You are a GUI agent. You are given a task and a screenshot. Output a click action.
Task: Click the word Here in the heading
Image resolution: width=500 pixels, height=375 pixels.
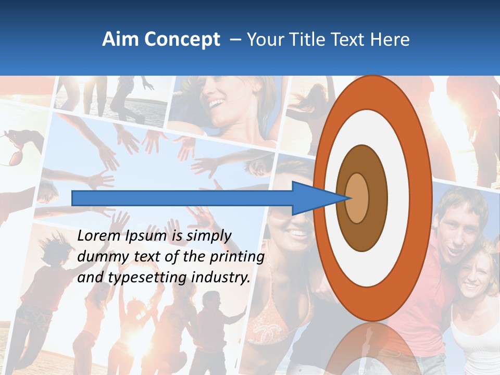coord(390,40)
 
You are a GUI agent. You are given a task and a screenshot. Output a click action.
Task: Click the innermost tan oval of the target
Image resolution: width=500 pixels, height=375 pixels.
coord(357,198)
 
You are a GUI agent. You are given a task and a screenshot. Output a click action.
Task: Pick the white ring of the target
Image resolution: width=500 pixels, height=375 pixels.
coord(398,198)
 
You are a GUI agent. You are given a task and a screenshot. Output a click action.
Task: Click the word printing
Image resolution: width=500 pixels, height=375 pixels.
coord(238,257)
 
